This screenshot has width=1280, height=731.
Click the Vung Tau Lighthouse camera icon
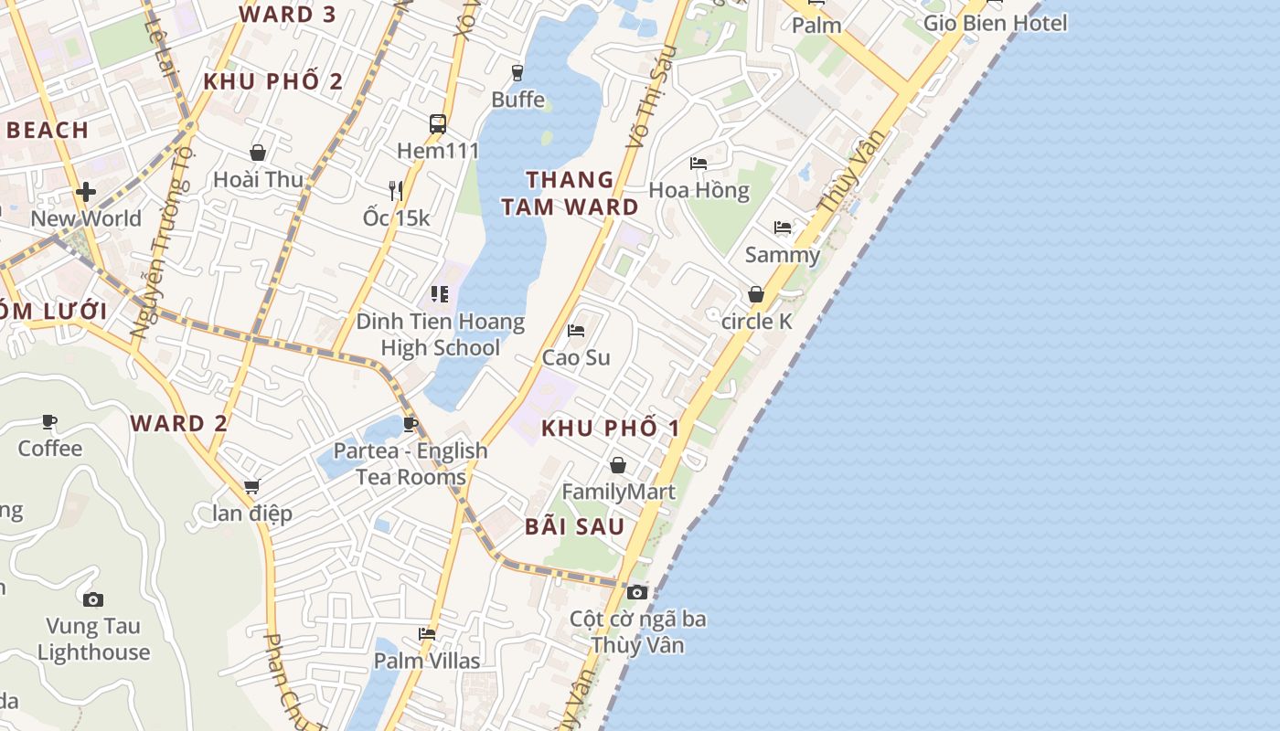click(92, 600)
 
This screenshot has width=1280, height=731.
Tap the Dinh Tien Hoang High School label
click(440, 334)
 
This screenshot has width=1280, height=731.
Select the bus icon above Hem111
click(438, 124)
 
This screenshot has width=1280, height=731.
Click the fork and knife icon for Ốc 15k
click(396, 190)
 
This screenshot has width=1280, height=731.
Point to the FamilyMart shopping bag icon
click(618, 465)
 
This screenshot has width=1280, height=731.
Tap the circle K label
click(756, 322)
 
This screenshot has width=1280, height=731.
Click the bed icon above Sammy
click(783, 228)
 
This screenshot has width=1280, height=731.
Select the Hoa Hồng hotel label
click(699, 190)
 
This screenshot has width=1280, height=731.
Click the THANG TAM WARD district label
click(570, 193)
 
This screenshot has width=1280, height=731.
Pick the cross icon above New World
click(86, 192)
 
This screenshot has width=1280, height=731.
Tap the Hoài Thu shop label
click(258, 179)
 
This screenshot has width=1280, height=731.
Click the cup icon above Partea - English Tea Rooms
click(411, 424)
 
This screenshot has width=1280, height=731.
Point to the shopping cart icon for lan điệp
click(252, 487)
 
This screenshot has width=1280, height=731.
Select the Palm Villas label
click(427, 660)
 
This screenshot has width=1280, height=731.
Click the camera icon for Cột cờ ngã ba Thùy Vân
click(637, 592)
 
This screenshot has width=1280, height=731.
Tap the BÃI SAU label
click(574, 526)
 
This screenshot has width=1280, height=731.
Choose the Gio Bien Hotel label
click(995, 23)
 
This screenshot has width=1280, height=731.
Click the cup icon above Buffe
click(517, 72)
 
